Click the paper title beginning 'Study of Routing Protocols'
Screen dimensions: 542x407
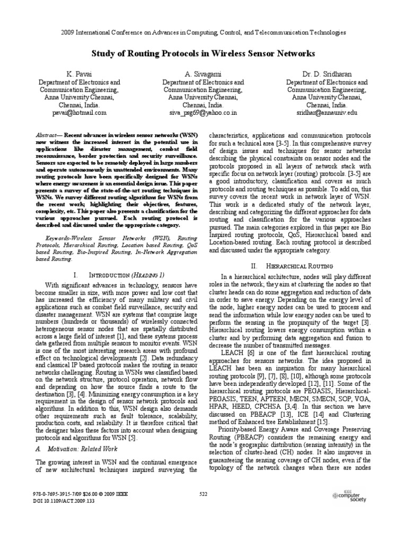(x=204, y=53)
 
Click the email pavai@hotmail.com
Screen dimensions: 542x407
(x=79, y=113)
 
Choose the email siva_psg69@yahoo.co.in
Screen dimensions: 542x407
(x=203, y=113)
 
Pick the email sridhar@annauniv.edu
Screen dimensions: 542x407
(x=326, y=113)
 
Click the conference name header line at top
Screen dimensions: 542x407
(x=203, y=32)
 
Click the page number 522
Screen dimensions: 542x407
(x=203, y=494)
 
